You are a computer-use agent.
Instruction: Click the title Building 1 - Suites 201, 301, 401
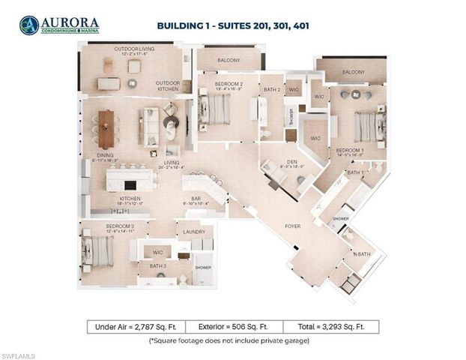(x=233, y=25)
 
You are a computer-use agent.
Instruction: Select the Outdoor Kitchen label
(x=168, y=85)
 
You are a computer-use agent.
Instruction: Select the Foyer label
(x=292, y=226)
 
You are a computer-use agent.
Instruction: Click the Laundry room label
(x=193, y=232)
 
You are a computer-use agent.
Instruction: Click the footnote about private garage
(x=233, y=340)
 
